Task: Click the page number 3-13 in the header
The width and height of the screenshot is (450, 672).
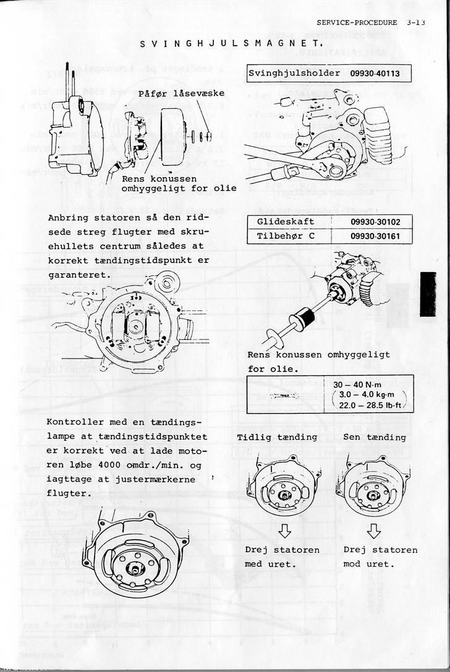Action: [417, 22]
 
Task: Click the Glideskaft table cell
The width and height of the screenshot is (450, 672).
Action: [286, 221]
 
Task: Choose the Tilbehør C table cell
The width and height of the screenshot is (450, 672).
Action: [286, 236]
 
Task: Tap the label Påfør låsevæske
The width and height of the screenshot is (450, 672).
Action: [180, 93]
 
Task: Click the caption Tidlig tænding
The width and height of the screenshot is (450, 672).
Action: [277, 437]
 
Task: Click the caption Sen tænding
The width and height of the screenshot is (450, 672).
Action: [375, 437]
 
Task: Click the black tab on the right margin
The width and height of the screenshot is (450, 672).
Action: [428, 294]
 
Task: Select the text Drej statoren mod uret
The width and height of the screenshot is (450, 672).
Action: [380, 556]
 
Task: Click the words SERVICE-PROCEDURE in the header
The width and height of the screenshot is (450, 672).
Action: [357, 22]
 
